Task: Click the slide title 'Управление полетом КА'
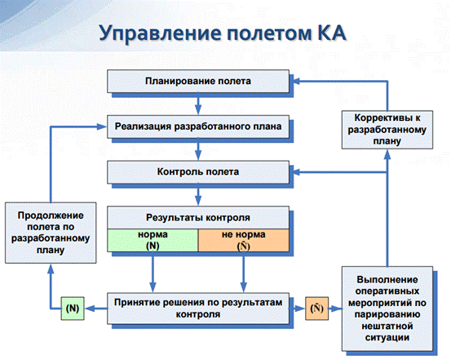click(x=223, y=33)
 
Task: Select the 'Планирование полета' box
click(x=198, y=81)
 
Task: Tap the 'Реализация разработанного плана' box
click(x=198, y=127)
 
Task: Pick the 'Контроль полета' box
click(x=198, y=172)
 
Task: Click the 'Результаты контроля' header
click(x=198, y=217)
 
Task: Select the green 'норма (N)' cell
click(x=153, y=240)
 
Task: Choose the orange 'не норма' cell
click(x=244, y=240)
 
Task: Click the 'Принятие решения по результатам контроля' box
click(x=198, y=309)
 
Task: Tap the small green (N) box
click(x=73, y=309)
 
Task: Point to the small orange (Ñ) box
click(x=316, y=309)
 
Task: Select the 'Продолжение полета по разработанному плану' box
click(x=51, y=233)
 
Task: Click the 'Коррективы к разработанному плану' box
click(x=387, y=130)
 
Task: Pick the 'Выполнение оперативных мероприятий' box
click(x=387, y=309)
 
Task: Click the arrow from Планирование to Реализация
click(x=198, y=104)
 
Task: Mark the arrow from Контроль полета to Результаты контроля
click(x=198, y=194)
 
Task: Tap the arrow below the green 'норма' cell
click(x=153, y=272)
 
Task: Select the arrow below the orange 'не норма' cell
click(x=244, y=272)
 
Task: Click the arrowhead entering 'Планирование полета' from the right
click(x=296, y=81)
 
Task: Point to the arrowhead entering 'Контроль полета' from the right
click(x=296, y=172)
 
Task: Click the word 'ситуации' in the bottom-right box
click(x=387, y=337)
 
